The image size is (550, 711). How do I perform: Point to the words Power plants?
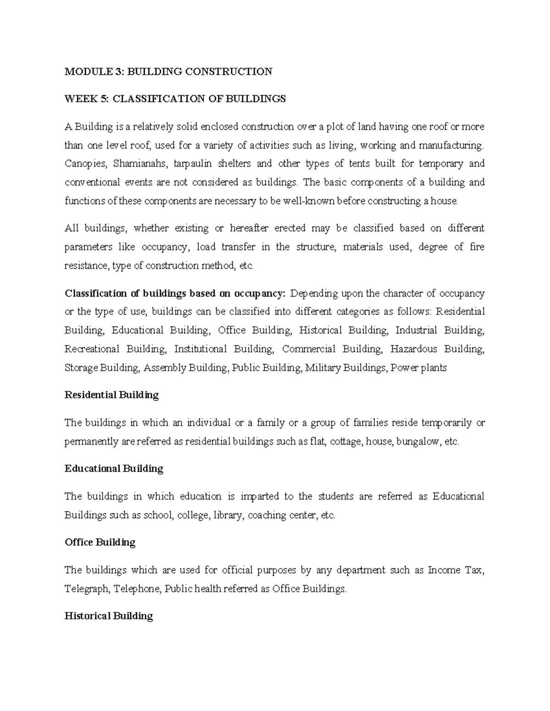coord(418,368)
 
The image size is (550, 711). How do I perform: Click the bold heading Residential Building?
coord(111,395)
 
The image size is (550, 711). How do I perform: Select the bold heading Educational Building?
coord(114,469)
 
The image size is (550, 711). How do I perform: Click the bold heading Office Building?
coord(100,543)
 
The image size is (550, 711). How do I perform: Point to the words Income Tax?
coord(455,570)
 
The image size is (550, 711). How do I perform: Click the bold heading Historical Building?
coord(109,616)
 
